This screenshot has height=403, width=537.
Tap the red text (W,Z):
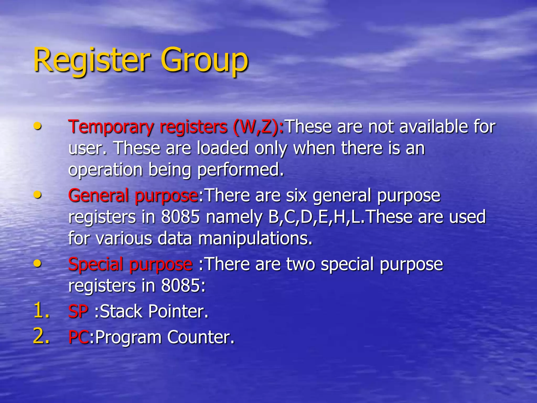pos(258,127)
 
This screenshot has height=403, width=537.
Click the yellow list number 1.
pos(41,310)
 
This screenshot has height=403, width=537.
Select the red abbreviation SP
pos(78,311)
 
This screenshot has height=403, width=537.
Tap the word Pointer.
pos(178,311)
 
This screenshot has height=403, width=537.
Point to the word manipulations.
pos(255,239)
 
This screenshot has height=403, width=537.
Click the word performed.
pos(240,170)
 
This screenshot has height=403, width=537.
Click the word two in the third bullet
pos(300,264)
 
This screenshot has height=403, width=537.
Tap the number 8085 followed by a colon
pos(183,286)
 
